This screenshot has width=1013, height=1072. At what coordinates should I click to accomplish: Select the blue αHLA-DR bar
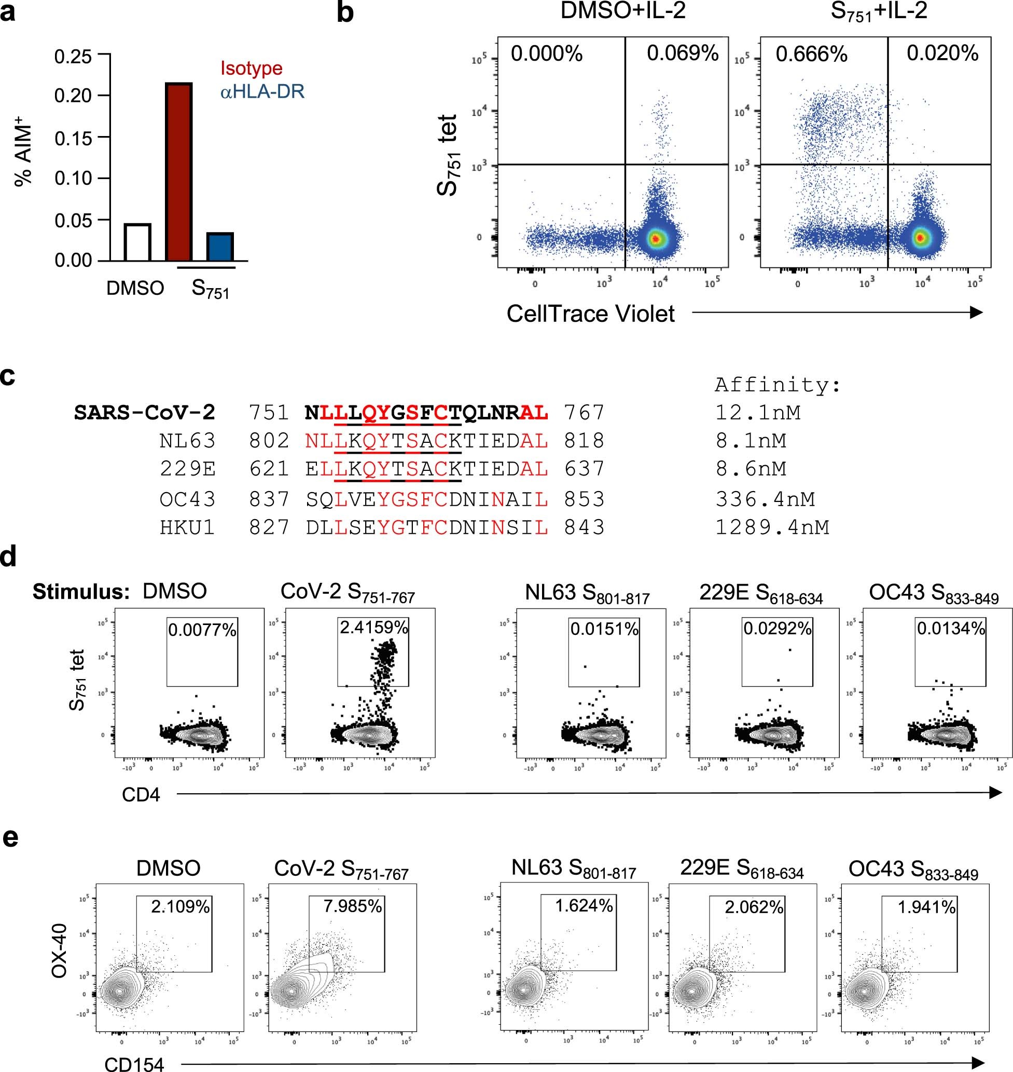pos(220,247)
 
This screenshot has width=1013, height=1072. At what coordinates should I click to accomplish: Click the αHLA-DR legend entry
pos(262,91)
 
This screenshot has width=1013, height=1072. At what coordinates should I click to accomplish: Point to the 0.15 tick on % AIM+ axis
pos(73,138)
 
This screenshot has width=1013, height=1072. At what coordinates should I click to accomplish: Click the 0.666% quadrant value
pos(811,54)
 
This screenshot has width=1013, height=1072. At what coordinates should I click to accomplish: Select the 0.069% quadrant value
pos(683,53)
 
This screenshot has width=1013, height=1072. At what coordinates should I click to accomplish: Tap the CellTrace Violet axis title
pos(590,314)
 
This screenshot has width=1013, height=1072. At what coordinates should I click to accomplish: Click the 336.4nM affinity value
pos(765,499)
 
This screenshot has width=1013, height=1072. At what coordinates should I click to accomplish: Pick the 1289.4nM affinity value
pos(772,527)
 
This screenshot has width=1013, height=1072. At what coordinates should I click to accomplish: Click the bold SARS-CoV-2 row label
pos(145,413)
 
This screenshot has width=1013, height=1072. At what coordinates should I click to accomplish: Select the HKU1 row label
pos(187,527)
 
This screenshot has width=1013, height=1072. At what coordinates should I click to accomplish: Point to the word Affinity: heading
pos(778,385)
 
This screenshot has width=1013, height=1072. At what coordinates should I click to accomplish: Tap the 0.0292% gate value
pos(778,628)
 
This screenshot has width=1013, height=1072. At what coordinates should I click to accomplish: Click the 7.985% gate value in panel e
pos(353,905)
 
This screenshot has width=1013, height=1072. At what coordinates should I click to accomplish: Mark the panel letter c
pos(8,376)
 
